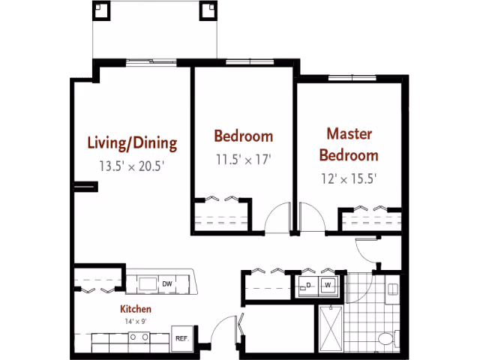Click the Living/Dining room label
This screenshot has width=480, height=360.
[132, 143]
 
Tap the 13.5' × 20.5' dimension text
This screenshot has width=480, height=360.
[132, 166]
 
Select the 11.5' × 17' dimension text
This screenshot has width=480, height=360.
[244, 160]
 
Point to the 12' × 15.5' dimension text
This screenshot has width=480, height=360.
[349, 178]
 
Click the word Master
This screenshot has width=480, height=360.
[349, 134]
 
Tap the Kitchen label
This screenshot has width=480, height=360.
[136, 309]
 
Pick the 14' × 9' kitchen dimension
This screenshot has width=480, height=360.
[136, 322]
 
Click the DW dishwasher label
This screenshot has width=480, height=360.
[167, 284]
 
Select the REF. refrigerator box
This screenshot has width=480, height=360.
[182, 338]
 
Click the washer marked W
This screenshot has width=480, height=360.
[328, 285]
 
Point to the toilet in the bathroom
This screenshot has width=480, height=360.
[388, 338]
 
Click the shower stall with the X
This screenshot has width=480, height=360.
[331, 328]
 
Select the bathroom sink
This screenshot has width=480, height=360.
[392, 289]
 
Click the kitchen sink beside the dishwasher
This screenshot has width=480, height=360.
[148, 284]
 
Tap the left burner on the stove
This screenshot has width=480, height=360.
[133, 337]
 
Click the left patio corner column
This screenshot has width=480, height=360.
[101, 10]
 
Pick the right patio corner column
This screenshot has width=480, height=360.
[208, 10]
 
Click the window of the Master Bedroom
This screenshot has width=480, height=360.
[352, 78]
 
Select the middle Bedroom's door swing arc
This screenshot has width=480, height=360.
[271, 212]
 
